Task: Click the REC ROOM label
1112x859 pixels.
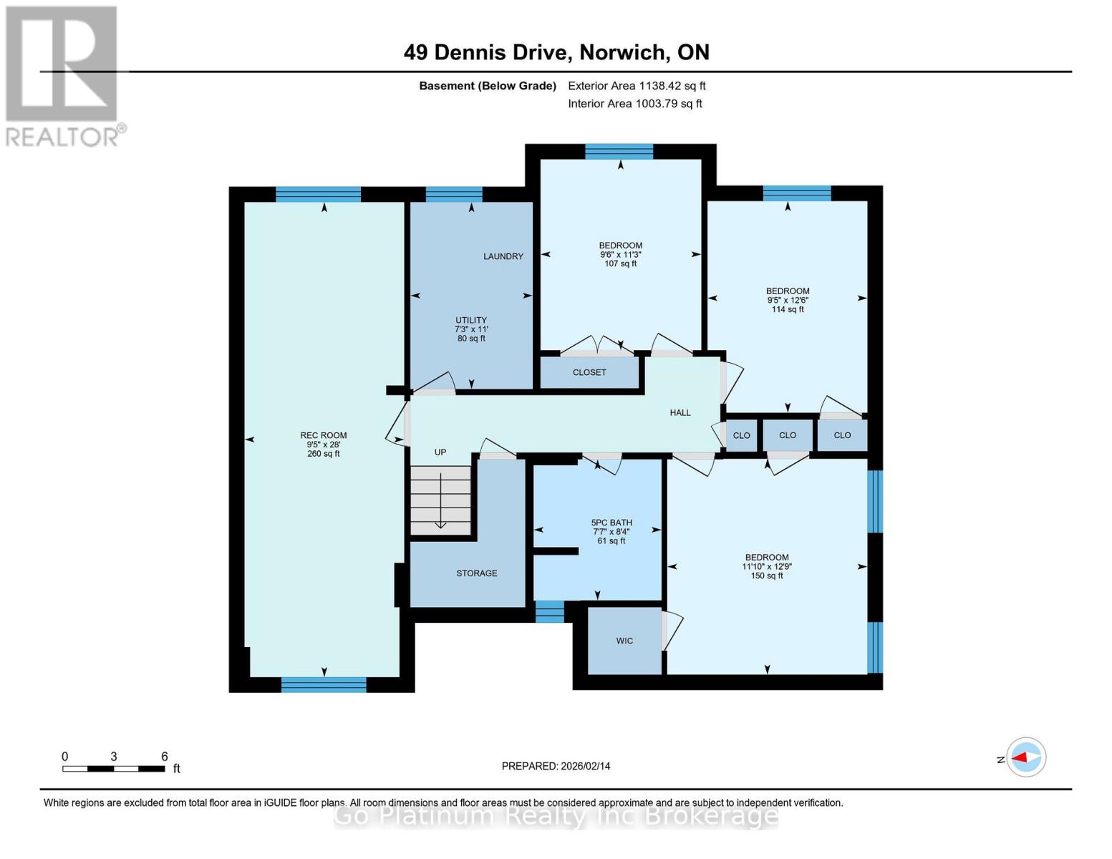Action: (x=324, y=435)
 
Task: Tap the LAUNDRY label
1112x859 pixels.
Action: (x=503, y=256)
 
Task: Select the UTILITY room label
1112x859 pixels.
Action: (x=471, y=320)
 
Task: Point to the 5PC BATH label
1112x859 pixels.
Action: (x=611, y=523)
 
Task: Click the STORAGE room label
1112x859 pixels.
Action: (x=476, y=573)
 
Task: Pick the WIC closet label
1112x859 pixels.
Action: (x=624, y=641)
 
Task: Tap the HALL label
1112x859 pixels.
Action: (x=680, y=412)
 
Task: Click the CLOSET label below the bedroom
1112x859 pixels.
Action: (x=589, y=372)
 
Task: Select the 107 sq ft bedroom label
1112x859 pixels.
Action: (x=620, y=254)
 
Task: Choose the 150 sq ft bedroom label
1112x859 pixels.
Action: (x=767, y=566)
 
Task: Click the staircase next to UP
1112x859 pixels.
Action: (x=440, y=500)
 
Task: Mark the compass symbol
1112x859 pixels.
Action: (x=1025, y=757)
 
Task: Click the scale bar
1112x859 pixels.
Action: (x=114, y=769)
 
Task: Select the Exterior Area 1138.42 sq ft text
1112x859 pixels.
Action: (x=637, y=86)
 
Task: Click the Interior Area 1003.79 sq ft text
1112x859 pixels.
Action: (x=634, y=104)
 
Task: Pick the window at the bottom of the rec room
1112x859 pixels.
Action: (x=324, y=684)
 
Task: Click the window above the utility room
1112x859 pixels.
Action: (x=454, y=195)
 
